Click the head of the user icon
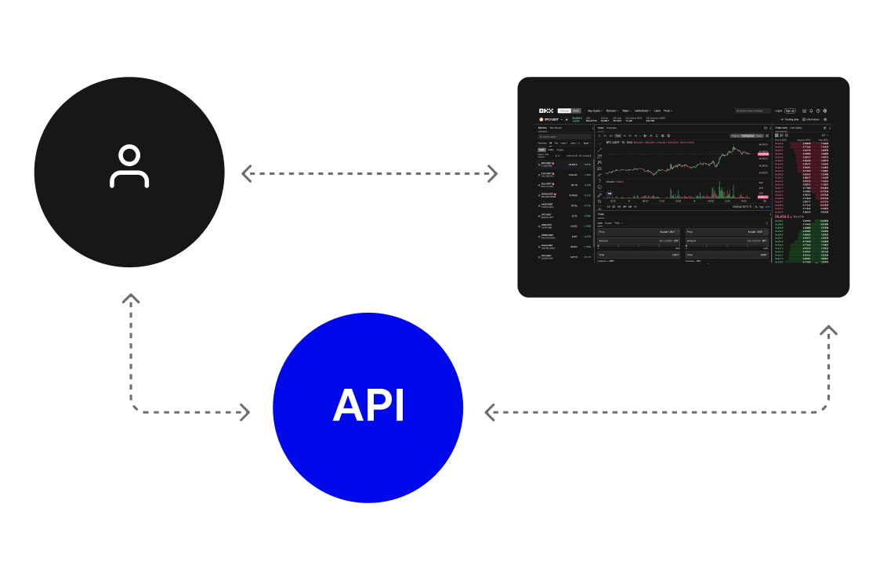point(129,155)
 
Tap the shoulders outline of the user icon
point(129,179)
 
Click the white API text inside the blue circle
point(368,406)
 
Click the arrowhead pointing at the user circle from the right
point(246,172)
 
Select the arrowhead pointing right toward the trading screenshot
point(492,172)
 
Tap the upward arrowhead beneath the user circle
point(131,299)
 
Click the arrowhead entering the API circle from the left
point(244,411)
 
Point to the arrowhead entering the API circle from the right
point(491,411)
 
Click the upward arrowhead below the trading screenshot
point(828,329)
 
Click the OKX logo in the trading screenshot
point(546,111)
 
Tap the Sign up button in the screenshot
point(790,111)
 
